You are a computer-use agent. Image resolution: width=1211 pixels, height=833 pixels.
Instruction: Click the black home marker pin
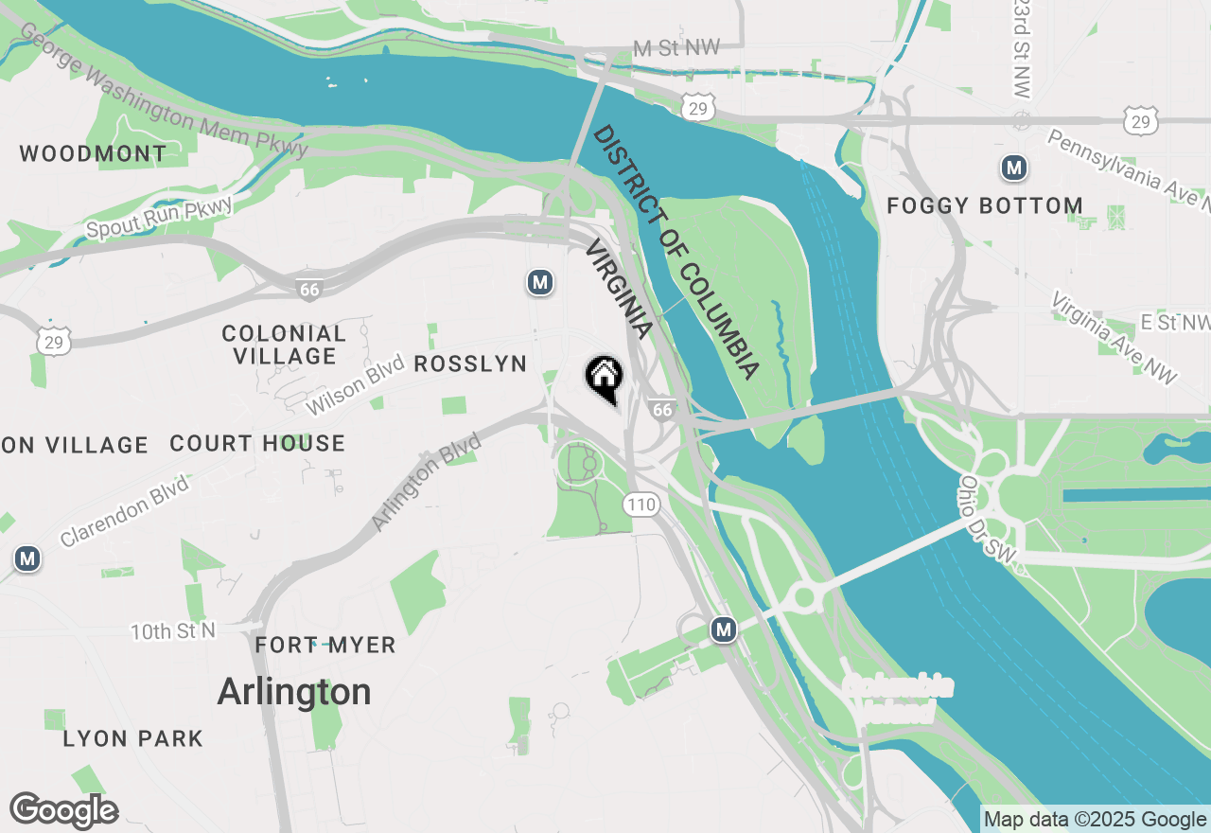pyautogui.click(x=604, y=378)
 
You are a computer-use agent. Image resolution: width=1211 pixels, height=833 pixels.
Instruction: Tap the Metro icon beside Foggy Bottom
pyautogui.click(x=1014, y=168)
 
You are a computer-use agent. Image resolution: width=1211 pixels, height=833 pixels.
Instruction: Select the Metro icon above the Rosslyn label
pyautogui.click(x=539, y=282)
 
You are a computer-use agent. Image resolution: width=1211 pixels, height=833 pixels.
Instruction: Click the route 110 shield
pyautogui.click(x=641, y=505)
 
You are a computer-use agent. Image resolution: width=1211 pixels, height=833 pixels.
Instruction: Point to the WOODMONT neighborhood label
pyautogui.click(x=93, y=153)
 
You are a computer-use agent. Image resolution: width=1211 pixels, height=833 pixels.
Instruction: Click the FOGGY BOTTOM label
pyautogui.click(x=984, y=205)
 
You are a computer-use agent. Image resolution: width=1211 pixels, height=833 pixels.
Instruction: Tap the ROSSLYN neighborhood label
pyautogui.click(x=470, y=363)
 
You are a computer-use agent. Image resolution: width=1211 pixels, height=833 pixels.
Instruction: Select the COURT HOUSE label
pyautogui.click(x=257, y=443)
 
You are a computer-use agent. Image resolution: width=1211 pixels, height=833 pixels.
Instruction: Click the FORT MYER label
pyautogui.click(x=325, y=645)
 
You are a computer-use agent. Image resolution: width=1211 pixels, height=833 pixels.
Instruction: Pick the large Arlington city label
pyautogui.click(x=294, y=692)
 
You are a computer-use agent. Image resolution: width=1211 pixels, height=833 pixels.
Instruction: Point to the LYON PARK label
pyautogui.click(x=132, y=738)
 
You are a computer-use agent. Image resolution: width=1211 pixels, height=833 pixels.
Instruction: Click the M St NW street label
pyautogui.click(x=676, y=48)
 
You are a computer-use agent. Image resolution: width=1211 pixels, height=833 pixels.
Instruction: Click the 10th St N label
pyautogui.click(x=173, y=630)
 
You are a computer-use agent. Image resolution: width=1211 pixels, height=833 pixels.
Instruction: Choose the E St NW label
pyautogui.click(x=1174, y=322)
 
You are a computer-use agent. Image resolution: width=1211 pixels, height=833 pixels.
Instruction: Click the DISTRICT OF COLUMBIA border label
pyautogui.click(x=676, y=252)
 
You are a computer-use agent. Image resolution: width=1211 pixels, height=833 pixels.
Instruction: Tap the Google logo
pyautogui.click(x=63, y=810)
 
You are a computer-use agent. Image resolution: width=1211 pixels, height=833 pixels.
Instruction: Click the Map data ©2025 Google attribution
pyautogui.click(x=1095, y=819)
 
